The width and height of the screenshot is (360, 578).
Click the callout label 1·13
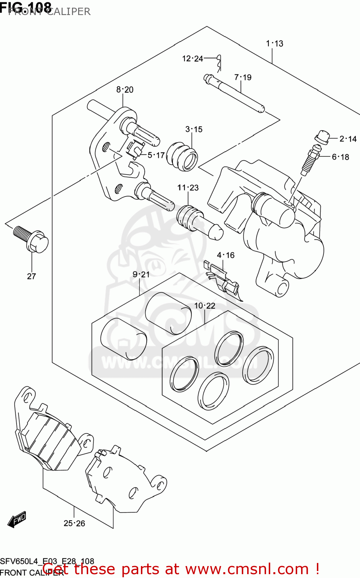[275, 44]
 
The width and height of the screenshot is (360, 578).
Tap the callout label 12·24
[193, 59]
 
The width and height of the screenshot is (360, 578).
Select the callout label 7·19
[243, 77]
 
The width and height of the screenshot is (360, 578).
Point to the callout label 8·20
[125, 90]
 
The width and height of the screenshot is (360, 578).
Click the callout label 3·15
[194, 129]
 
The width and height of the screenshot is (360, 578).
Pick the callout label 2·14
[348, 139]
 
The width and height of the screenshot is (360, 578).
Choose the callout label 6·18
[340, 157]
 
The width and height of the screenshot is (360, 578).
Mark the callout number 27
[32, 276]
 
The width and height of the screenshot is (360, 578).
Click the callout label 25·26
[74, 523]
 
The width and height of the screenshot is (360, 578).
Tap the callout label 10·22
[204, 306]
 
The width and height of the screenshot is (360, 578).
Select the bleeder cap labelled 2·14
[322, 137]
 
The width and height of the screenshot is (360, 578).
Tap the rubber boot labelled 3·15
[182, 157]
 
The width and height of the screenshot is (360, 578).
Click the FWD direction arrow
[17, 519]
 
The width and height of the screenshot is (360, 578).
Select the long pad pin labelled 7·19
[235, 94]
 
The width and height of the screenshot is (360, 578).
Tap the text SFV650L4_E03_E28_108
[47, 561]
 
